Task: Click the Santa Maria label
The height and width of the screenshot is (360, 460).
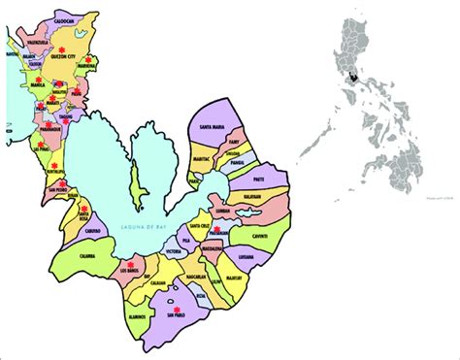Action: click(214, 127)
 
